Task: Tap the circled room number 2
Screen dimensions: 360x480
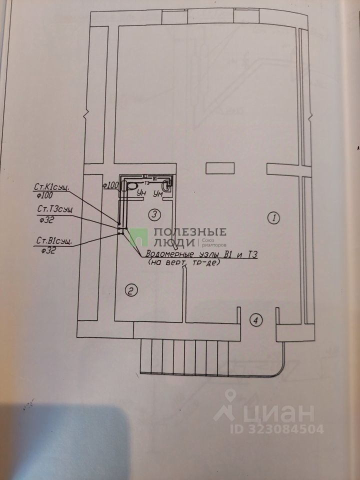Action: click(x=130, y=290)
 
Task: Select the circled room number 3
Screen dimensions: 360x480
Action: click(x=155, y=214)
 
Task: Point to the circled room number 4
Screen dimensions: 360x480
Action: click(x=255, y=320)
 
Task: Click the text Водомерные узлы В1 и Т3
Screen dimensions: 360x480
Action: click(x=200, y=255)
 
